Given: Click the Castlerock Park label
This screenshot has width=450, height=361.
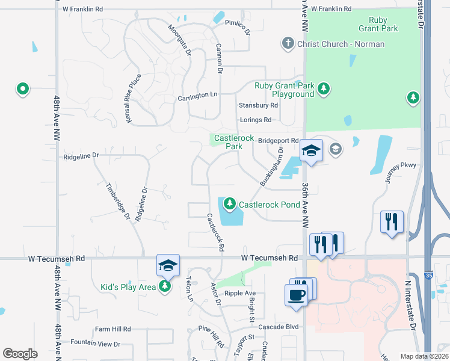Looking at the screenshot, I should [230, 142].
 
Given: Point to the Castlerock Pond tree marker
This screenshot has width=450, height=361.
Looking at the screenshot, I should [229, 205].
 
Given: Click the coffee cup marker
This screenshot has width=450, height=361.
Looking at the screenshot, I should [295, 295].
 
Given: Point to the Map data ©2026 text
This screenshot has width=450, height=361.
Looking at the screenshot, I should [424, 356].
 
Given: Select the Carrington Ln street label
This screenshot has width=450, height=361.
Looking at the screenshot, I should [197, 96].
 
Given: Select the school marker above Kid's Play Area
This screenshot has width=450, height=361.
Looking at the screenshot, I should [168, 265].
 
